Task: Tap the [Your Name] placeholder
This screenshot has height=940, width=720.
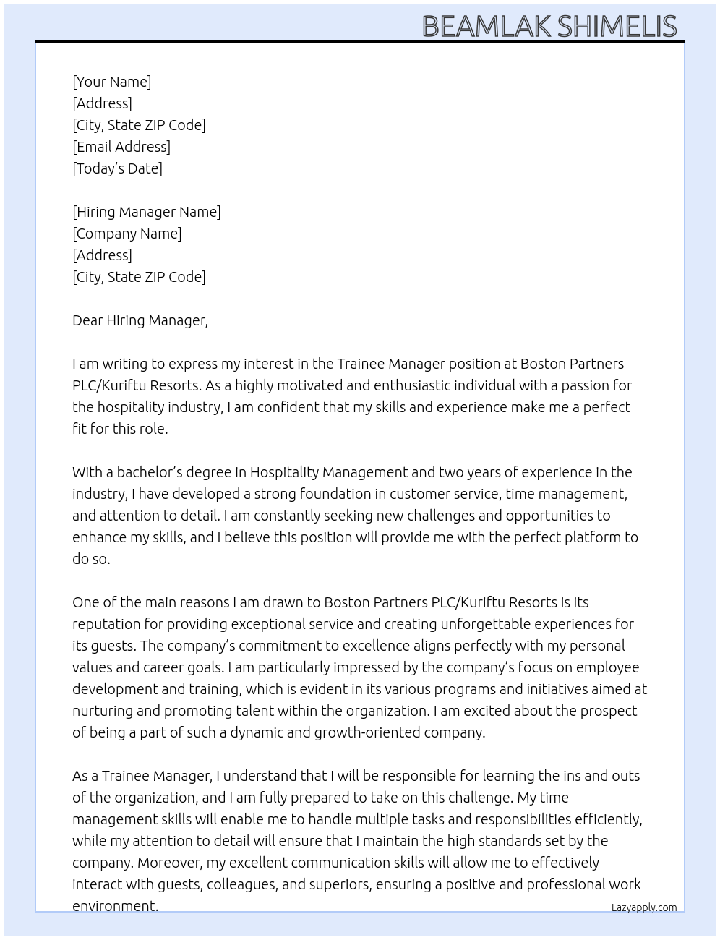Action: (x=111, y=82)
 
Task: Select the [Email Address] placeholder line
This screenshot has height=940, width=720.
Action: (x=121, y=147)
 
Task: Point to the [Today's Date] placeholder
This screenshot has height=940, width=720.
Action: (x=117, y=168)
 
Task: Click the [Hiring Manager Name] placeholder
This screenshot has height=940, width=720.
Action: (x=147, y=212)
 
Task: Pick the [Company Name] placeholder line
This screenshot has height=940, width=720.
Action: (x=127, y=234)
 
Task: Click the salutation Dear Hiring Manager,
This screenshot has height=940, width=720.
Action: (x=140, y=320)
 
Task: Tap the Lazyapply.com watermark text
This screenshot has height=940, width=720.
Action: (x=644, y=907)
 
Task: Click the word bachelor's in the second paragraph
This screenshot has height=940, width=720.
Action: (x=150, y=472)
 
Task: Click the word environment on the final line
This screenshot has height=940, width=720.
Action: (x=114, y=906)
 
